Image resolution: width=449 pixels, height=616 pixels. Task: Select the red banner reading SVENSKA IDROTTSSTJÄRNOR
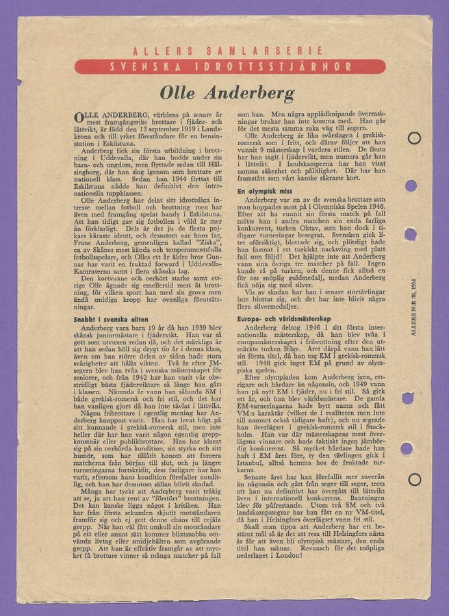229,67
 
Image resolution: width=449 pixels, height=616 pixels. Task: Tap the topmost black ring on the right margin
413,138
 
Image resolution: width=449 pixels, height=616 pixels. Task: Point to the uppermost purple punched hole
411,185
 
